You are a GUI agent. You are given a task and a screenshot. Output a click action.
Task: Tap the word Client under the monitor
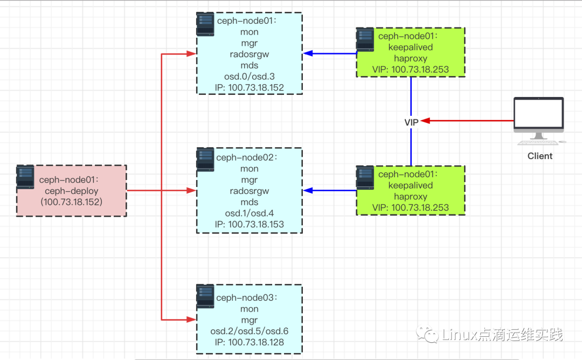(540, 156)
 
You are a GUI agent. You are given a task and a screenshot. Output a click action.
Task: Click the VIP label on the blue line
(411, 122)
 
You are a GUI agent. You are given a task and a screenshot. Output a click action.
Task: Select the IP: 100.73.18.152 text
(249, 87)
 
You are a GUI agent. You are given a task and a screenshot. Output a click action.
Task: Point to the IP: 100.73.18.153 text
(249, 224)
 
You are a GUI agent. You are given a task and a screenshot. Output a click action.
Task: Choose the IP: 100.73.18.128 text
(249, 342)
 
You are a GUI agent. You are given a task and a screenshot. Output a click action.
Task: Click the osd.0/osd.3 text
(249, 77)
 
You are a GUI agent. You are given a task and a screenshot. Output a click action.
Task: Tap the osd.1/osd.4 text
(249, 213)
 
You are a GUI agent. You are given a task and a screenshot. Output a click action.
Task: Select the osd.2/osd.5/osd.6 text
(249, 331)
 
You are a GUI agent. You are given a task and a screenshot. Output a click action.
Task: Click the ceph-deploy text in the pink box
(72, 191)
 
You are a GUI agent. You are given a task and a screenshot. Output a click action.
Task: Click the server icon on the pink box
(25, 177)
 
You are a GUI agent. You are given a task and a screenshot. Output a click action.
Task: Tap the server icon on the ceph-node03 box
(205, 296)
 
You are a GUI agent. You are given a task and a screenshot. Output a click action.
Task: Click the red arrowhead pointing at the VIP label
(425, 121)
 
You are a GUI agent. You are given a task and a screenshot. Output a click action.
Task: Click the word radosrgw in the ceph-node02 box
(249, 191)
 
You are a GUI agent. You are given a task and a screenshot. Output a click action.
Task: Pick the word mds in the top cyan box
(249, 65)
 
